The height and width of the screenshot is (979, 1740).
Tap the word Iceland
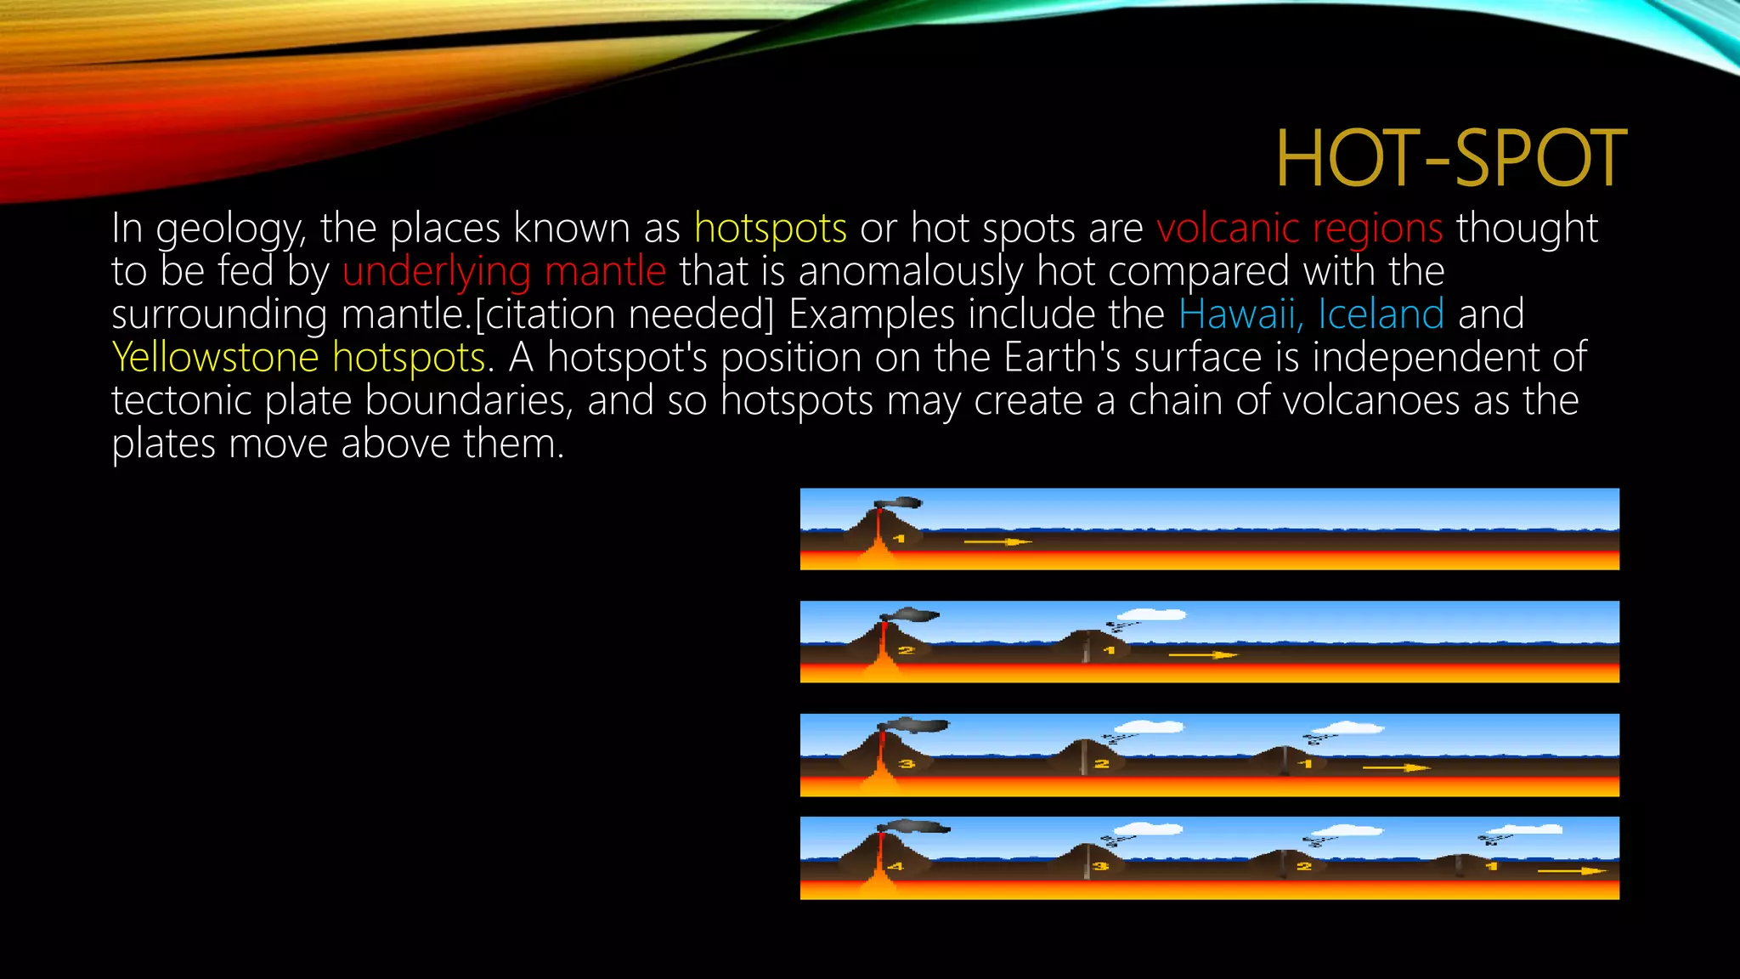coord(1381,314)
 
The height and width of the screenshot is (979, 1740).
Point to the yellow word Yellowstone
coord(215,357)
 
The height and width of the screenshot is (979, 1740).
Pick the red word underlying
coord(437,271)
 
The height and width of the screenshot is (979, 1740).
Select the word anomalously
coord(911,271)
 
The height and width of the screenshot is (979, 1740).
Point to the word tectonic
coord(181,400)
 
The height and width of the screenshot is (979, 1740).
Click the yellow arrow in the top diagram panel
coord(997,541)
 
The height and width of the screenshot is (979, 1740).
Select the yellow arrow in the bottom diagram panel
coord(1572,871)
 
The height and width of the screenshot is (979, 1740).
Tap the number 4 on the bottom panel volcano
coord(895,867)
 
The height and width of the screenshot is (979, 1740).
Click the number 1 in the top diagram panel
coord(899,539)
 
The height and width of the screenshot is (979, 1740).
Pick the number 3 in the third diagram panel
coord(907,764)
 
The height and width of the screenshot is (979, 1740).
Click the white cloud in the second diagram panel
coord(1151,614)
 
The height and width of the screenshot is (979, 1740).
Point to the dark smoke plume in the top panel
coord(901,502)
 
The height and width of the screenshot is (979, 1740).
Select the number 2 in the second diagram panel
coord(906,651)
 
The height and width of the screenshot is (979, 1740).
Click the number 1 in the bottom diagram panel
coord(1491,867)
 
